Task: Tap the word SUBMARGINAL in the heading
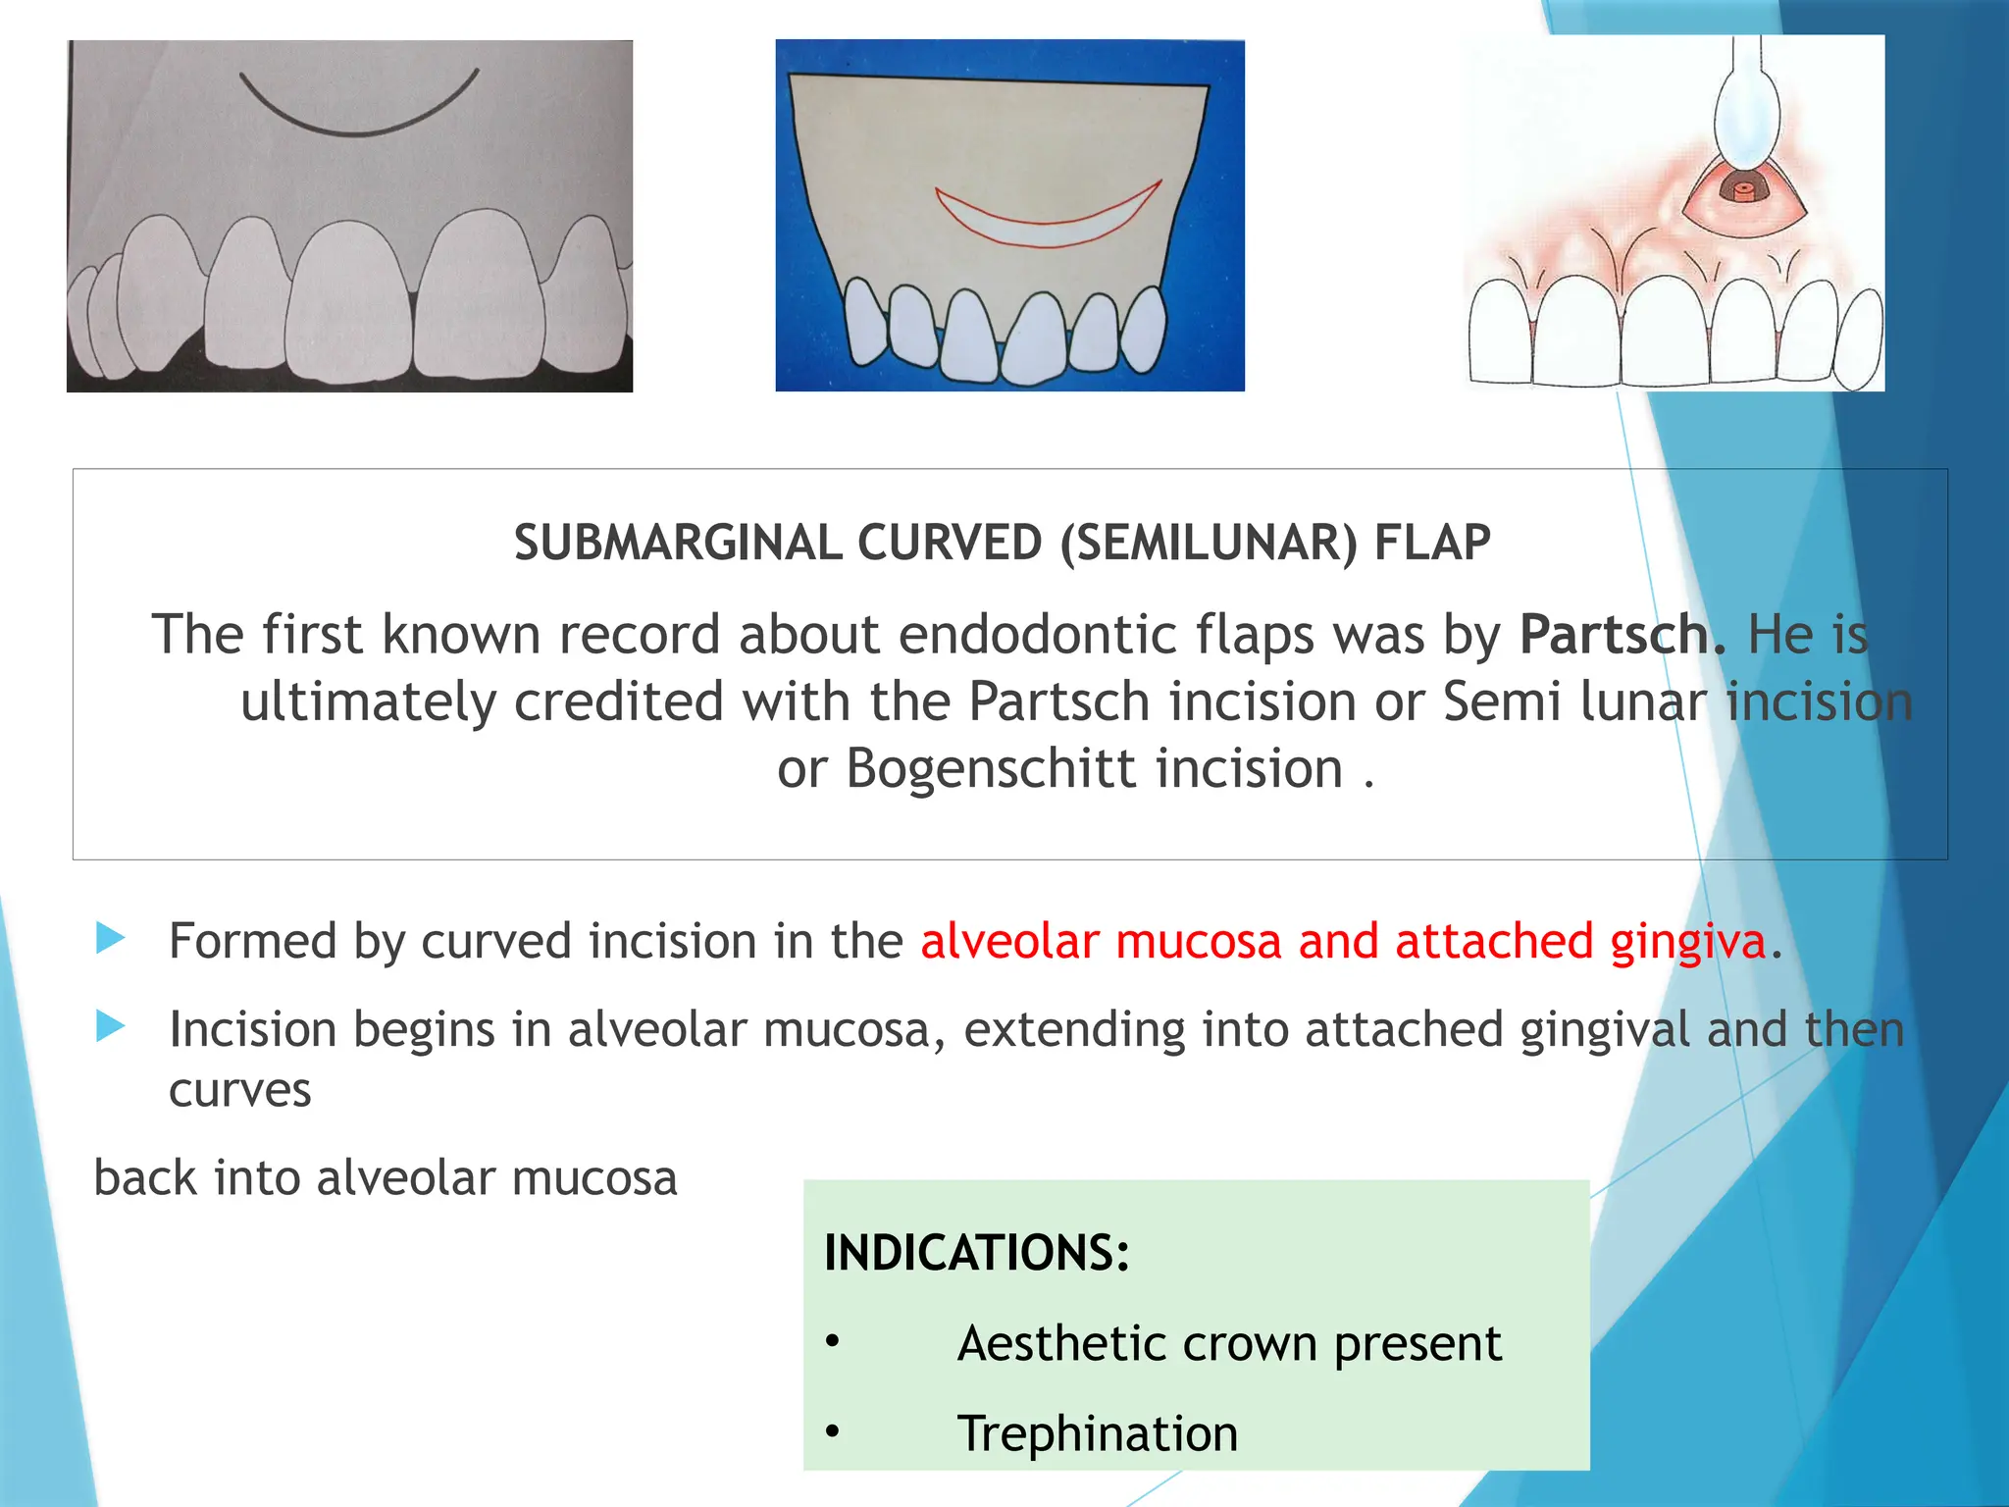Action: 678,544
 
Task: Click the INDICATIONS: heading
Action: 977,1253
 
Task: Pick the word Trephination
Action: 1098,1433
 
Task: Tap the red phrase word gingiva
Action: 1687,942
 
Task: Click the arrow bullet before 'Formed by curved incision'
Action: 111,939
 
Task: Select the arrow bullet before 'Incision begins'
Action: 111,1027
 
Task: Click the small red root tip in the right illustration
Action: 1742,191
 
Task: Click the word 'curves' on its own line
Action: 240,1091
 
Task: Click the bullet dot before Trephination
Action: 833,1432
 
